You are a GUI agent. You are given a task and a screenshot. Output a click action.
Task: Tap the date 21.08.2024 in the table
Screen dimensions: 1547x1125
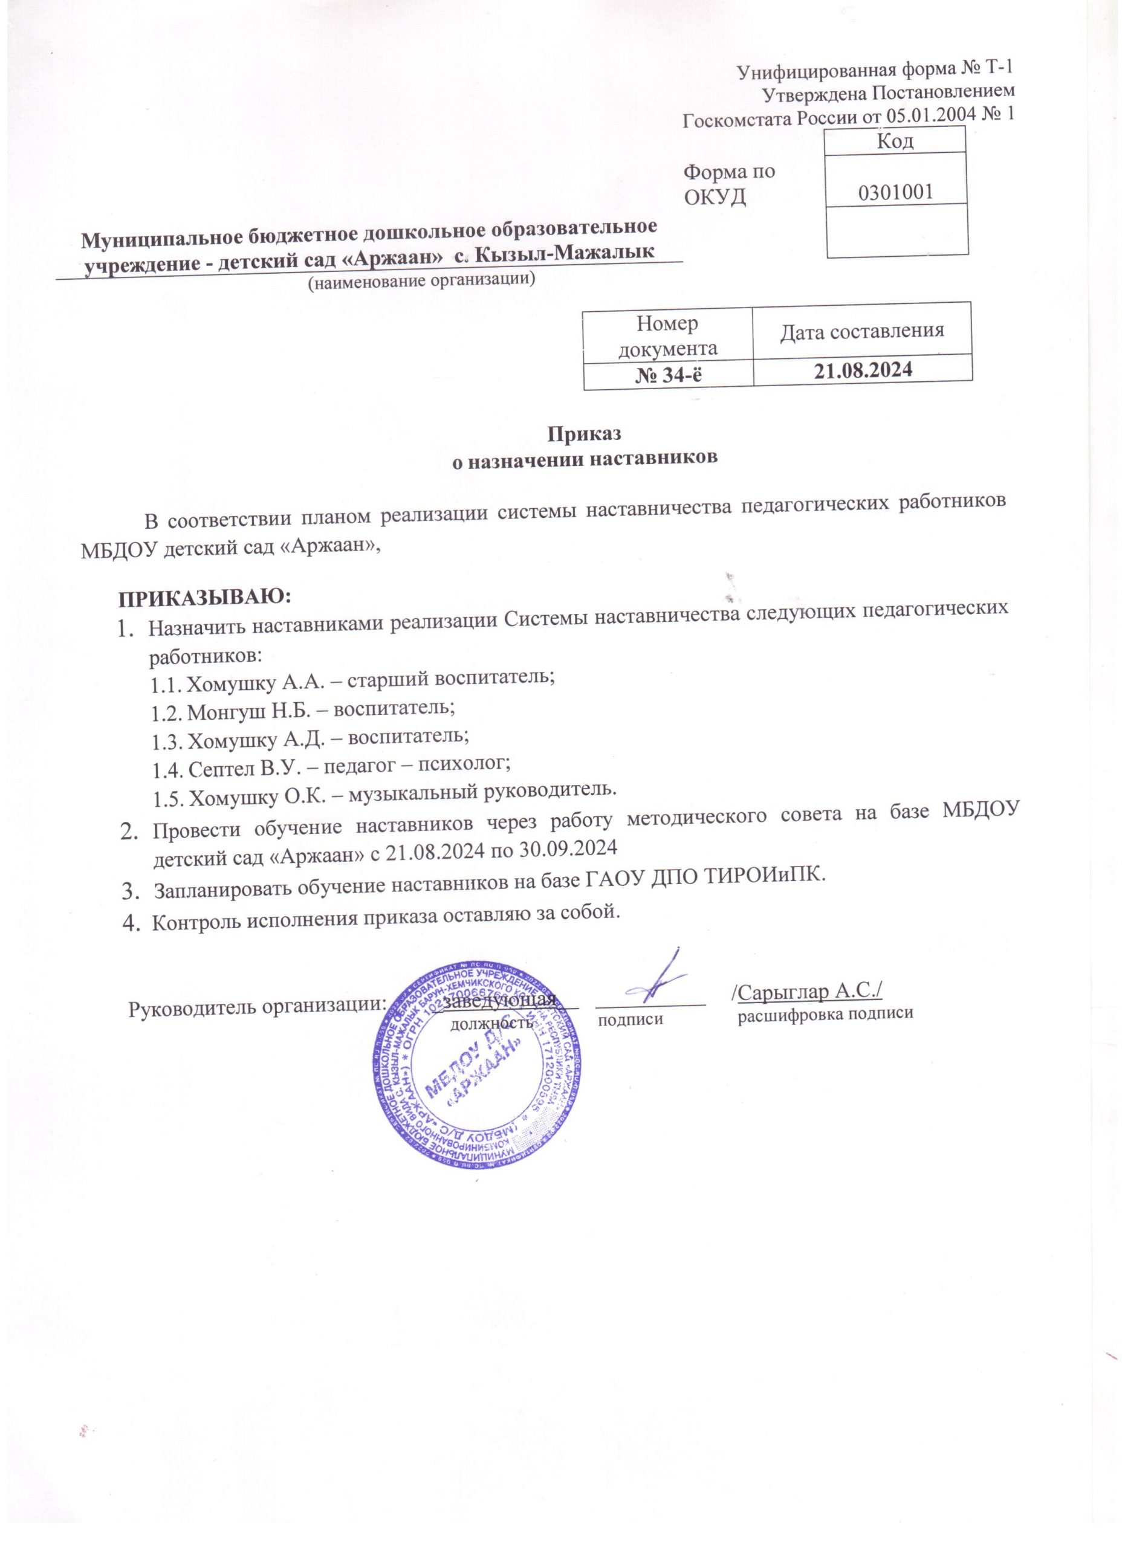coord(861,370)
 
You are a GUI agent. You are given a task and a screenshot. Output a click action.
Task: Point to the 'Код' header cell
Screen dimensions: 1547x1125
coord(896,141)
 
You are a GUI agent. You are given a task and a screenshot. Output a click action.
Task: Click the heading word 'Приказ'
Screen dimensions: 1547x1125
coord(586,434)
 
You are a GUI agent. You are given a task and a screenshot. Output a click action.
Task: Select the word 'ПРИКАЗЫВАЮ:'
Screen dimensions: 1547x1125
coord(206,598)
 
